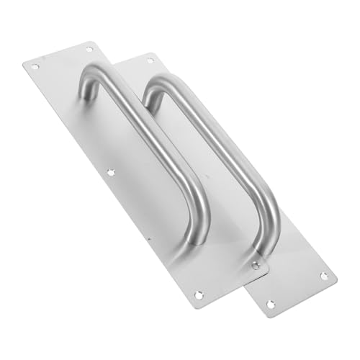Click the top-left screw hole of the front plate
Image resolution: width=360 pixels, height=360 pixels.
point(34,66)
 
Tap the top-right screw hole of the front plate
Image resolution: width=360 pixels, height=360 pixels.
point(90,49)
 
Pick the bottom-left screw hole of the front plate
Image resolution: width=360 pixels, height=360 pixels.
point(199,294)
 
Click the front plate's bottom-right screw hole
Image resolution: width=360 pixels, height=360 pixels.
point(256,266)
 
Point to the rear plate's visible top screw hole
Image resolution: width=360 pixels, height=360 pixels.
point(150,60)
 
